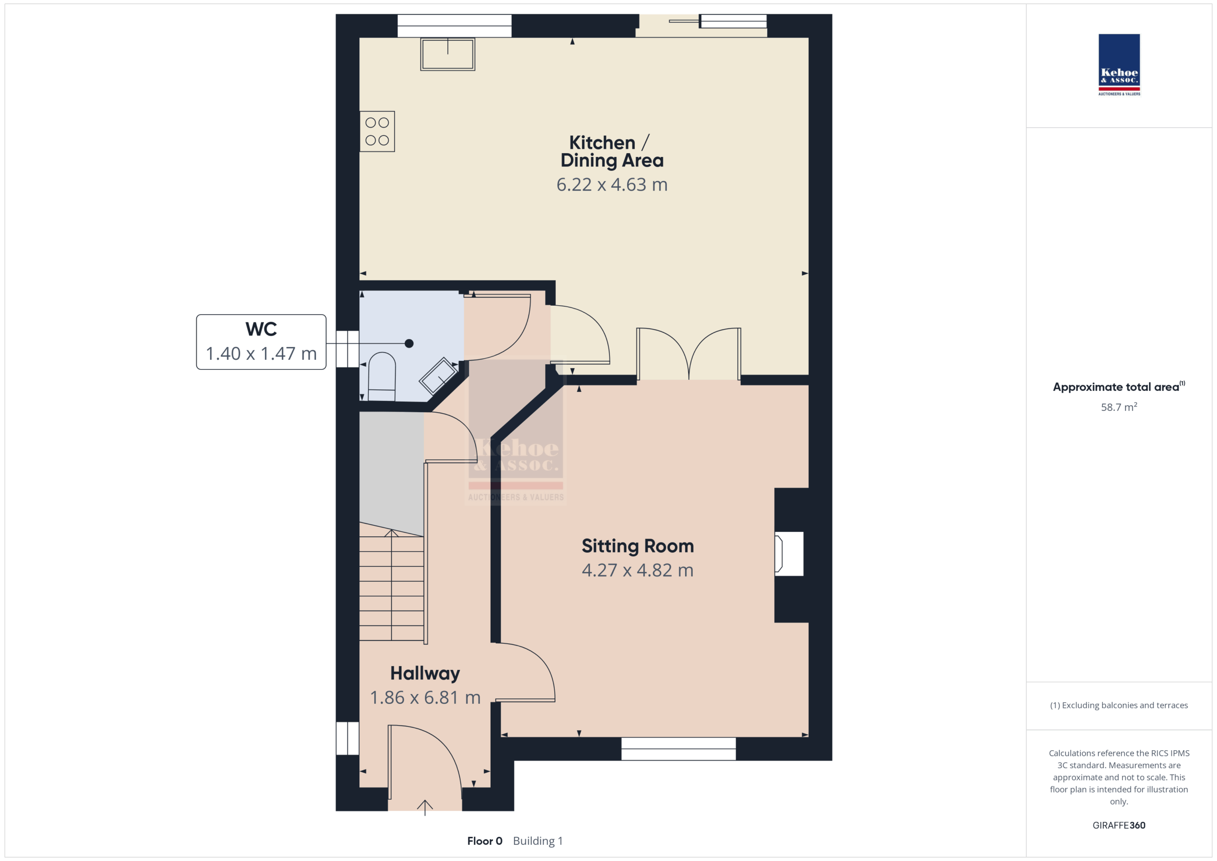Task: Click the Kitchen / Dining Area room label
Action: coord(612,152)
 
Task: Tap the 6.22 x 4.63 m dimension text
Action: coord(612,184)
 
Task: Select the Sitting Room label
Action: coord(637,546)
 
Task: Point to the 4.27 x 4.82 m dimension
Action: coord(637,570)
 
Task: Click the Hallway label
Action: coord(425,674)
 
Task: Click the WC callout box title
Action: coord(261,329)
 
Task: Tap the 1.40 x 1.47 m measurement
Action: coord(261,354)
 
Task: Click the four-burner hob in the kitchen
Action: coord(377,132)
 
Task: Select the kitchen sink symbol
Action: coord(448,54)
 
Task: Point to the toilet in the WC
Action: coord(382,377)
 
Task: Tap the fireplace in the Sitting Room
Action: coord(789,553)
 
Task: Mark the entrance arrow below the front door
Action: coord(425,807)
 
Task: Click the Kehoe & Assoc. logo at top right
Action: coord(1119,65)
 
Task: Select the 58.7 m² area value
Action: coord(1119,407)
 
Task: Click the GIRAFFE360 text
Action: coord(1119,825)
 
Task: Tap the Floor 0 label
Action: coord(484,841)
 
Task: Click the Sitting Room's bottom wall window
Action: coord(678,749)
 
